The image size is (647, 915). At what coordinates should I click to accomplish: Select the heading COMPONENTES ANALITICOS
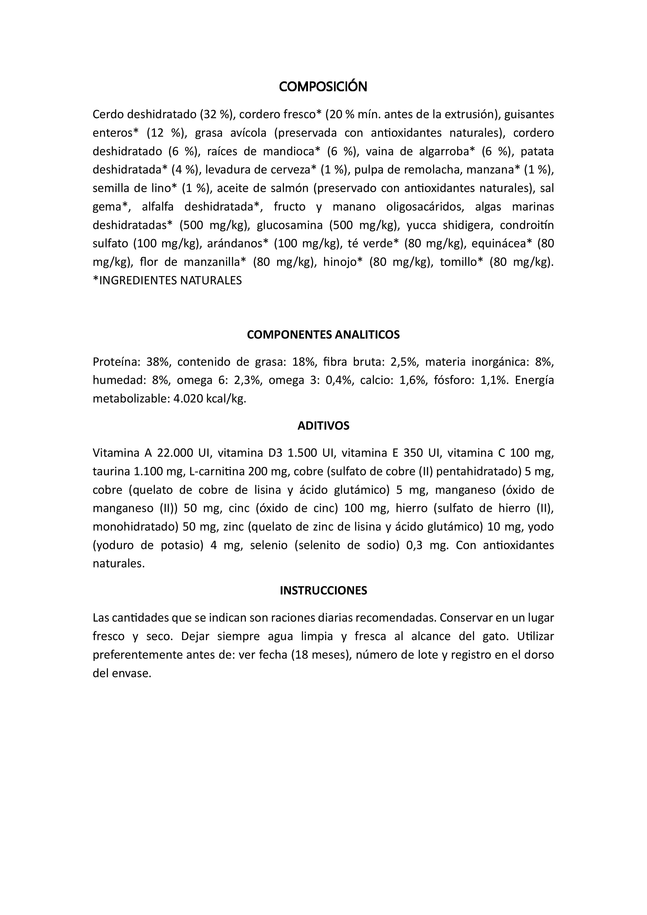coord(323,334)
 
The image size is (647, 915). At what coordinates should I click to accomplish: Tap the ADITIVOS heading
coord(323,426)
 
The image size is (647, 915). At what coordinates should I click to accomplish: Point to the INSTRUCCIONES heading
coord(323,590)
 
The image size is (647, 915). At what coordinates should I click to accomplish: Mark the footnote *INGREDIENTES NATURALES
coord(167,281)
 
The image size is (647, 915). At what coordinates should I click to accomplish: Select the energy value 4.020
coord(188,399)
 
